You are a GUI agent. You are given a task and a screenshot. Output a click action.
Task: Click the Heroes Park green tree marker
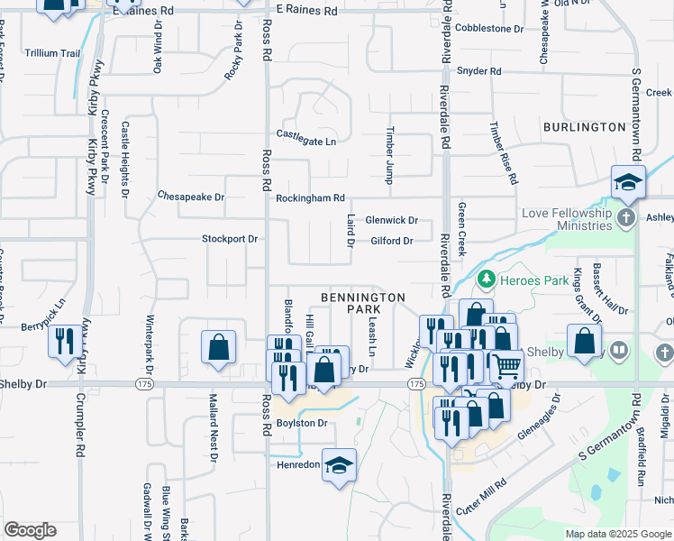pyautogui.click(x=487, y=280)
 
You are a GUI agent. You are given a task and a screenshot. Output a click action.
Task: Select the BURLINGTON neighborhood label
pyautogui.click(x=585, y=127)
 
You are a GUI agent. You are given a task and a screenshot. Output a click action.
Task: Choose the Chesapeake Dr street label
pyautogui.click(x=190, y=196)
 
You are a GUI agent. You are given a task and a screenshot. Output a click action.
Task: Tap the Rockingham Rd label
pyautogui.click(x=311, y=198)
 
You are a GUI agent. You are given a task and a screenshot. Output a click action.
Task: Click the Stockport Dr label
pyautogui.click(x=230, y=240)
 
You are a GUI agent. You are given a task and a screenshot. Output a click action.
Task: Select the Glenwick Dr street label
pyautogui.click(x=392, y=220)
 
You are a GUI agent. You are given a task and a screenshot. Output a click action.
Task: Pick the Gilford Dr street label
pyautogui.click(x=392, y=241)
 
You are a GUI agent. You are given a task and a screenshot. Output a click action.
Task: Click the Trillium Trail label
pyautogui.click(x=52, y=53)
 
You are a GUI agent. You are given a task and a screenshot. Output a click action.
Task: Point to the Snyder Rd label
pyautogui.click(x=478, y=71)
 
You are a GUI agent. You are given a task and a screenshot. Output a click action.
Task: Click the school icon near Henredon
pyautogui.click(x=339, y=465)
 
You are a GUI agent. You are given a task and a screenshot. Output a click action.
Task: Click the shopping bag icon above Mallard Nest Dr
pyautogui.click(x=218, y=347)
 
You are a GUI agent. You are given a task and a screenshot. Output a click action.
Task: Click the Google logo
pyautogui.click(x=30, y=530)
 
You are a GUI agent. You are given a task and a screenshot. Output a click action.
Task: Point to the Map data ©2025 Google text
pyautogui.click(x=618, y=534)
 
